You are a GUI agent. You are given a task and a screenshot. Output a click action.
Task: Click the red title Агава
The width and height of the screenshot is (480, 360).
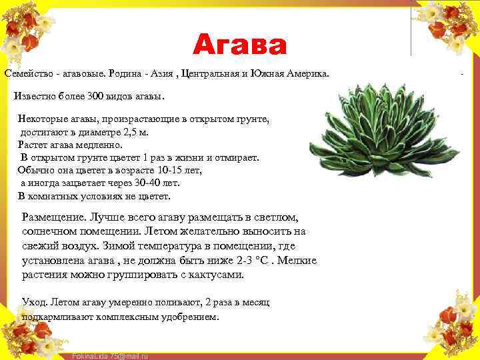point(240,45)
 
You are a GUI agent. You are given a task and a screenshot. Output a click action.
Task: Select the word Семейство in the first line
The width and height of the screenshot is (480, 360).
point(29,72)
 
